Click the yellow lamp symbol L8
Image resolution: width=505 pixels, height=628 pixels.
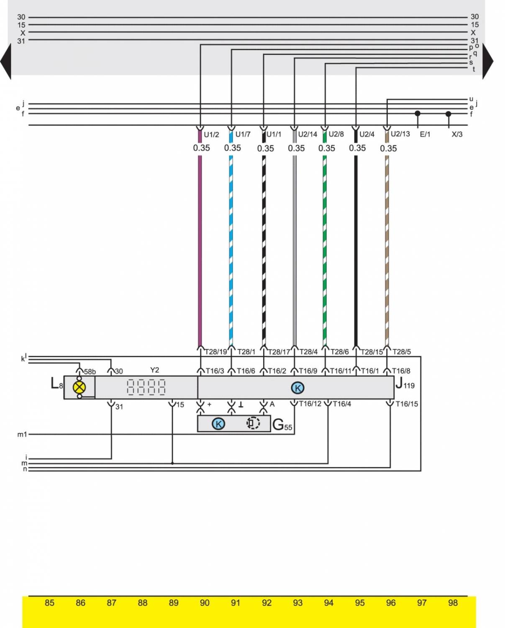click(x=79, y=387)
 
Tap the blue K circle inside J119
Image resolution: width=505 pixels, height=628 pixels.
click(x=297, y=388)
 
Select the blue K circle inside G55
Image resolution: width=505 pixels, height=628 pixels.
click(x=218, y=423)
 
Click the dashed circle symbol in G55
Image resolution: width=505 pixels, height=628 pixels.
click(x=253, y=423)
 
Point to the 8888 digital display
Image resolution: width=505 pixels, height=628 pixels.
click(x=146, y=387)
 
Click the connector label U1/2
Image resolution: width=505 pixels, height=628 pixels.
click(x=211, y=134)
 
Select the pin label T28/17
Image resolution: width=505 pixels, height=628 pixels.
click(x=279, y=352)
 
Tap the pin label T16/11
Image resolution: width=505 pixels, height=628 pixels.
click(x=341, y=371)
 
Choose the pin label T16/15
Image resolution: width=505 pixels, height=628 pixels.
click(x=406, y=404)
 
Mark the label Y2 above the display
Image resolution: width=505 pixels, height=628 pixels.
click(x=154, y=370)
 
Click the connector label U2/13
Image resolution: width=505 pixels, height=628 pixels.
click(x=400, y=134)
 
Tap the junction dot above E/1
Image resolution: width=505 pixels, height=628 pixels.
click(x=417, y=113)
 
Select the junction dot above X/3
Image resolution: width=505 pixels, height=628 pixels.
click(x=448, y=113)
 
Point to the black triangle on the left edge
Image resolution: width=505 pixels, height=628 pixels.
click(x=6, y=61)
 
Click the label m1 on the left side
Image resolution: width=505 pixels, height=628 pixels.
click(x=22, y=435)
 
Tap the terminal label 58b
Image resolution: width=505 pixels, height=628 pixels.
click(x=90, y=372)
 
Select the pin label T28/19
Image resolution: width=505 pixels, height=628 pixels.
click(x=215, y=352)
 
